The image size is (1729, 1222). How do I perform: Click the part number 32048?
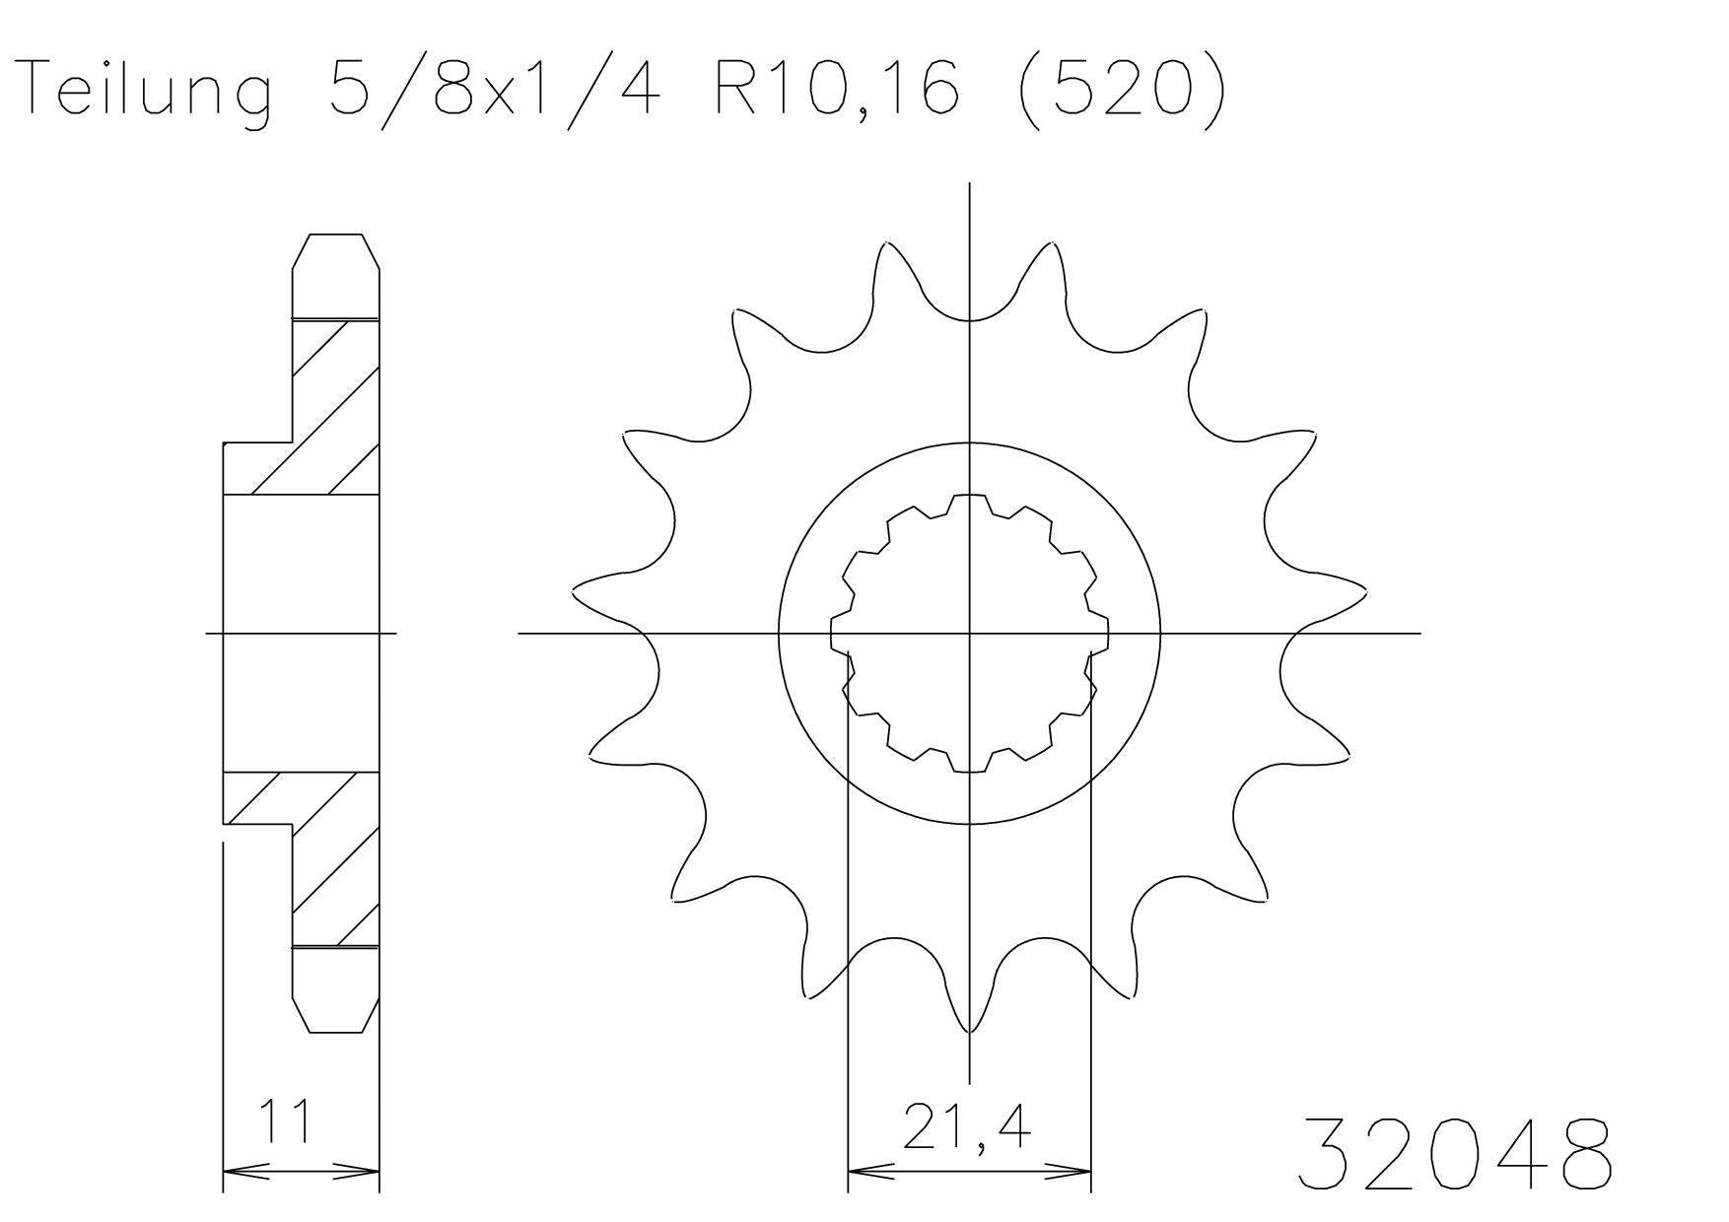pos(1454,1153)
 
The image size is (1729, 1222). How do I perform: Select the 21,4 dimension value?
pos(966,1128)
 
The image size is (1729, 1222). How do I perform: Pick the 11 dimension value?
pos(286,1120)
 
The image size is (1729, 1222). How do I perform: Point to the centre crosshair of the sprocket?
pos(970,632)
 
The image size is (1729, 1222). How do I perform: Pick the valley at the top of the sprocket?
pos(970,317)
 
